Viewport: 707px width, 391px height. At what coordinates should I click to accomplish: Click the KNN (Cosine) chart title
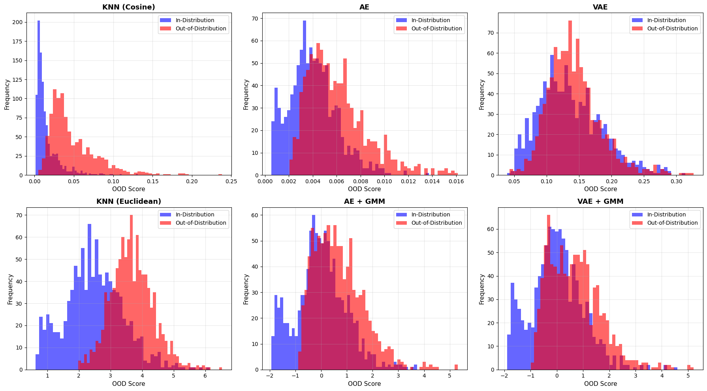[x=129, y=7]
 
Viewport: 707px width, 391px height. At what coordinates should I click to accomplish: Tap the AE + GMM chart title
[x=365, y=201]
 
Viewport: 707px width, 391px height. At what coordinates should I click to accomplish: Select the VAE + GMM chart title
[x=600, y=201]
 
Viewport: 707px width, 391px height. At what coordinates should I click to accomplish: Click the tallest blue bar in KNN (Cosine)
[x=39, y=98]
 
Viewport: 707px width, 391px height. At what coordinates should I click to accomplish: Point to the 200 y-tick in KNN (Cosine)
[x=17, y=23]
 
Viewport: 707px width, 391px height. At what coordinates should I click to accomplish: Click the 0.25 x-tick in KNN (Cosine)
[x=231, y=181]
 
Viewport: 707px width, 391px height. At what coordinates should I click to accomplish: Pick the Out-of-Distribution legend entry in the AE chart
[x=430, y=28]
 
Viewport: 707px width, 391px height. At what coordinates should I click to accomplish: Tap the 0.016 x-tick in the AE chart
[x=456, y=181]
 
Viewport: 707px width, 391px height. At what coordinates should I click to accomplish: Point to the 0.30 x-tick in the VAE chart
[x=677, y=181]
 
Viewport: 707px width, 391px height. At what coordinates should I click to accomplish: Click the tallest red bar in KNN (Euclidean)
[x=131, y=292]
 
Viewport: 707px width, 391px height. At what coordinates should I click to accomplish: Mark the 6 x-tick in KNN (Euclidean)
[x=205, y=376]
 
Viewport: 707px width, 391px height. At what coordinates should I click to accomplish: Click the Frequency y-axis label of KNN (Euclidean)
[x=10, y=289]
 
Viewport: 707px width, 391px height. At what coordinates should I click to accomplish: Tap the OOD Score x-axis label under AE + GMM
[x=365, y=383]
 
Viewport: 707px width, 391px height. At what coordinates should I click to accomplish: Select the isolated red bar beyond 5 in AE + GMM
[x=456, y=367]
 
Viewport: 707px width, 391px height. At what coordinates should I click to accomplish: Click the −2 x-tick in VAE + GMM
[x=504, y=376]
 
